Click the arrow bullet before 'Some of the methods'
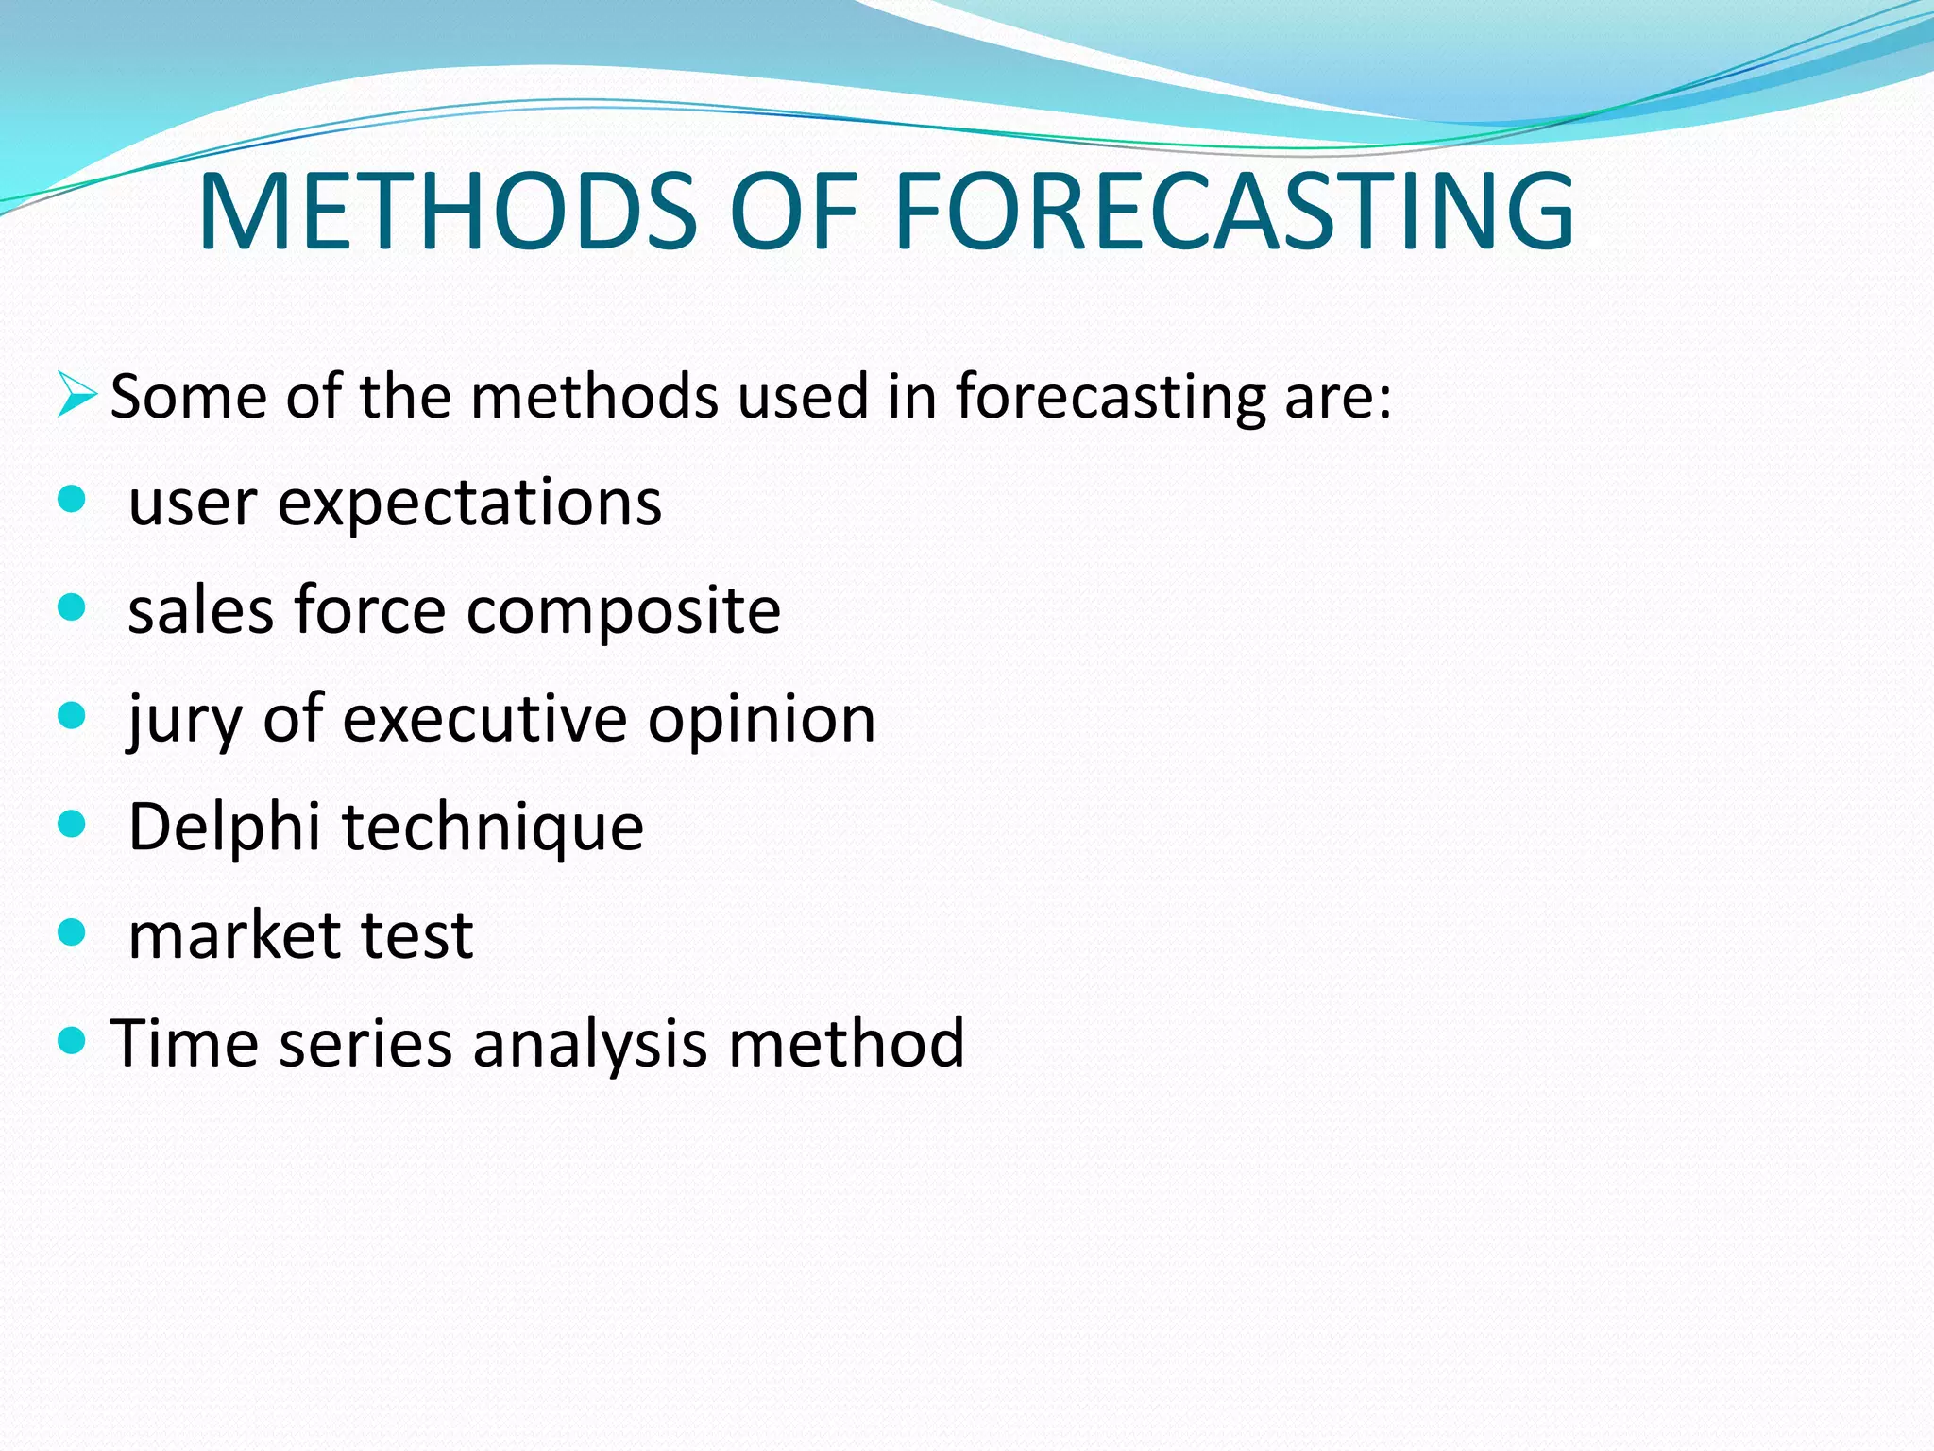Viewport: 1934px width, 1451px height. (x=76, y=395)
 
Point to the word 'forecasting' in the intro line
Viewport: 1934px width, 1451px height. (x=1110, y=397)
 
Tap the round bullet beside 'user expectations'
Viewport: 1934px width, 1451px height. (x=72, y=499)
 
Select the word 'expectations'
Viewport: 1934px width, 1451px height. (x=469, y=504)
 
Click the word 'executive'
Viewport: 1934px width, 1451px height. (x=484, y=720)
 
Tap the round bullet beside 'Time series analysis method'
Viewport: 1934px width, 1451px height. (x=72, y=1041)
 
